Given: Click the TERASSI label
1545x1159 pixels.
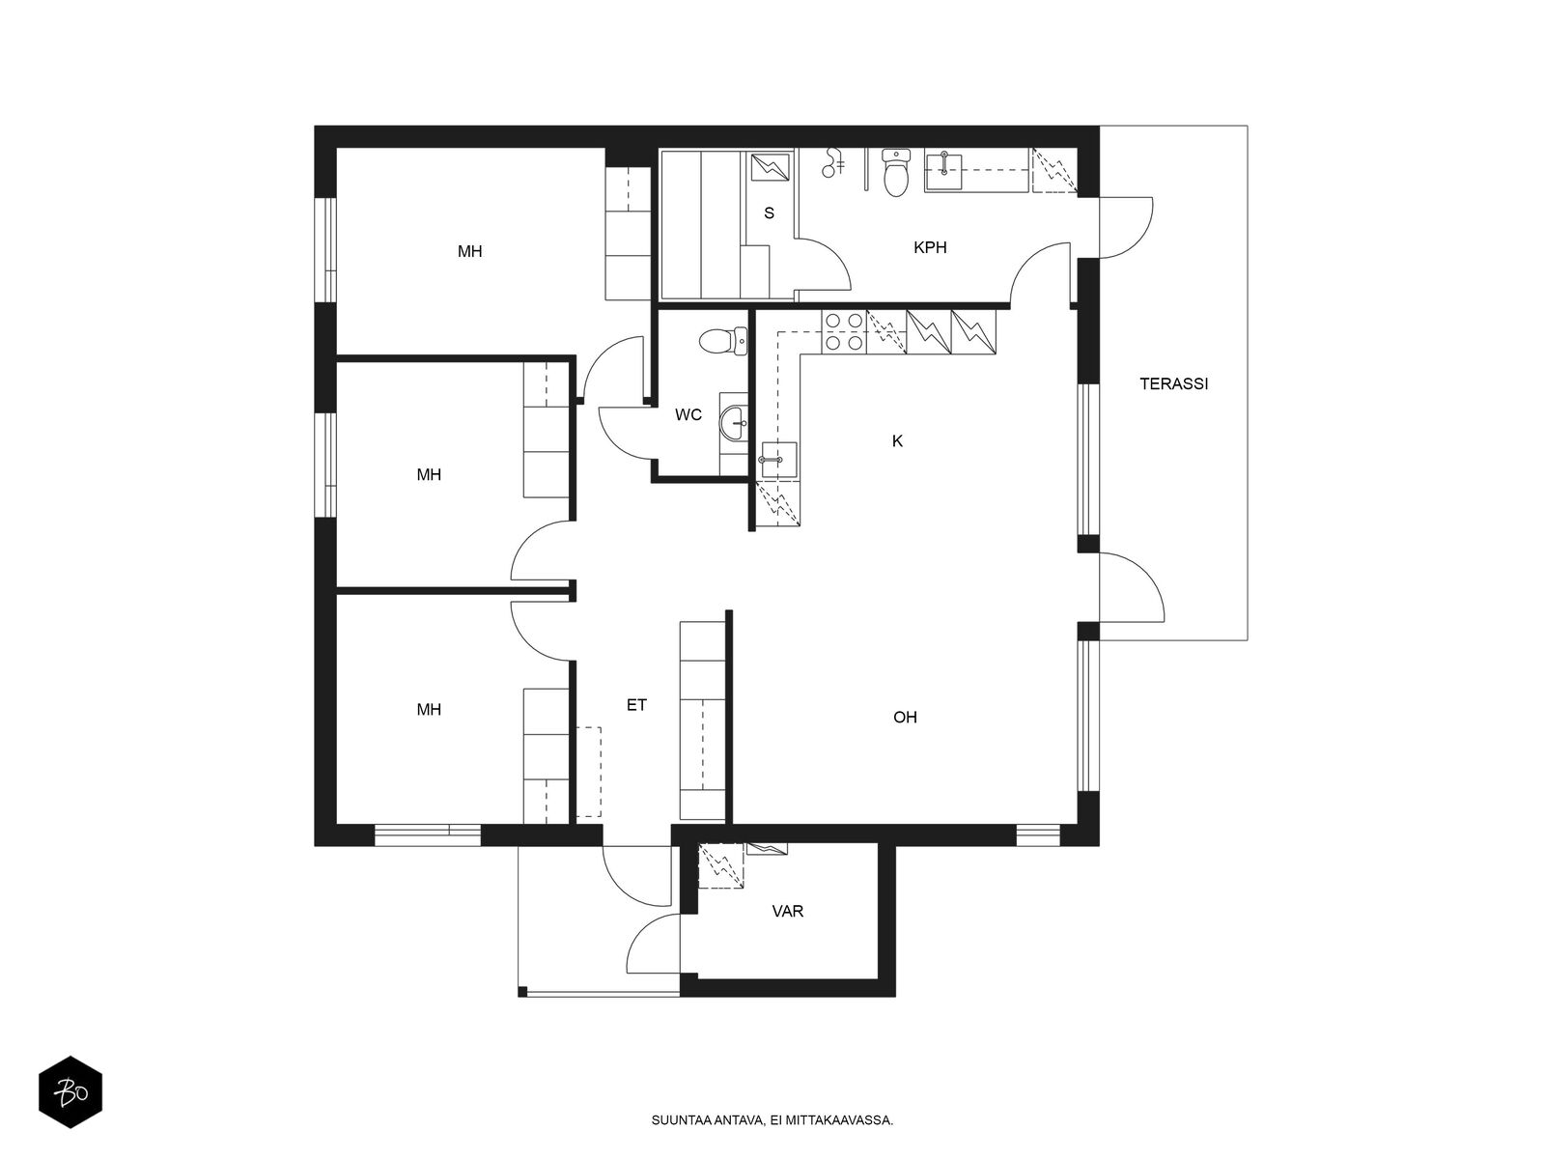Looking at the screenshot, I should coord(1173,383).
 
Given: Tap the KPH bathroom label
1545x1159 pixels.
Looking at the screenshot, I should coord(930,247).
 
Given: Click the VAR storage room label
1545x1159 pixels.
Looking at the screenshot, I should coord(788,911).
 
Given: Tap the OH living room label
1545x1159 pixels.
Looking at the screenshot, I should coord(905,718).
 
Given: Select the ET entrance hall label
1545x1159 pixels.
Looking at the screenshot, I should coord(636,706).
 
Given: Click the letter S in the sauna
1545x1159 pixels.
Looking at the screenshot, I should coord(769,213).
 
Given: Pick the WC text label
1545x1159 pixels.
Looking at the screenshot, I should coord(688,415).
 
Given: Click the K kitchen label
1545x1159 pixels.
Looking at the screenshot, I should coord(897,441).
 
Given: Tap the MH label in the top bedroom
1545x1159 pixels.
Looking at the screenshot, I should coord(469,252).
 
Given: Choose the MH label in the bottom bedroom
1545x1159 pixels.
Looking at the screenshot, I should coord(429,710).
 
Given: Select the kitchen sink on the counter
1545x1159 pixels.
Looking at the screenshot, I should coord(778,460).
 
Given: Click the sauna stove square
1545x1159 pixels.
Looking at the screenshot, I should coord(771,166).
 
